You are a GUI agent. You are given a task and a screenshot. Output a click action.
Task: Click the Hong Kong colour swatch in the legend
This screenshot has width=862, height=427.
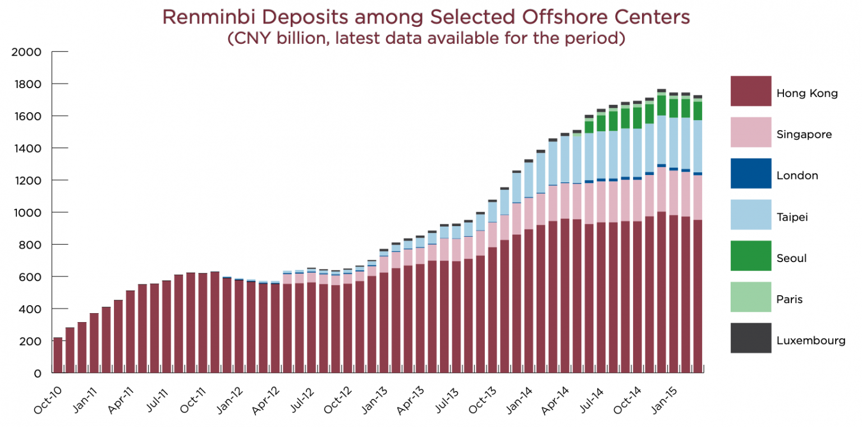[750, 91]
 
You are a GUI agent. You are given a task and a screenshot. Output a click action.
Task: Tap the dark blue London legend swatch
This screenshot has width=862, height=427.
[750, 173]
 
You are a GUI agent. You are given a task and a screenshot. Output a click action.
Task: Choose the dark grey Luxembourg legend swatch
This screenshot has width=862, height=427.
[750, 338]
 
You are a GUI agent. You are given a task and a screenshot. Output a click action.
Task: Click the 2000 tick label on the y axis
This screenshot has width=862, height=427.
[26, 52]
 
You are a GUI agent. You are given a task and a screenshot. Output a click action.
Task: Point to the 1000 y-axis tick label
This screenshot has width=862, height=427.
[26, 213]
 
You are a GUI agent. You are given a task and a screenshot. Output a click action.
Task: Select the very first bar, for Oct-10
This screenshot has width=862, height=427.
[58, 355]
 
